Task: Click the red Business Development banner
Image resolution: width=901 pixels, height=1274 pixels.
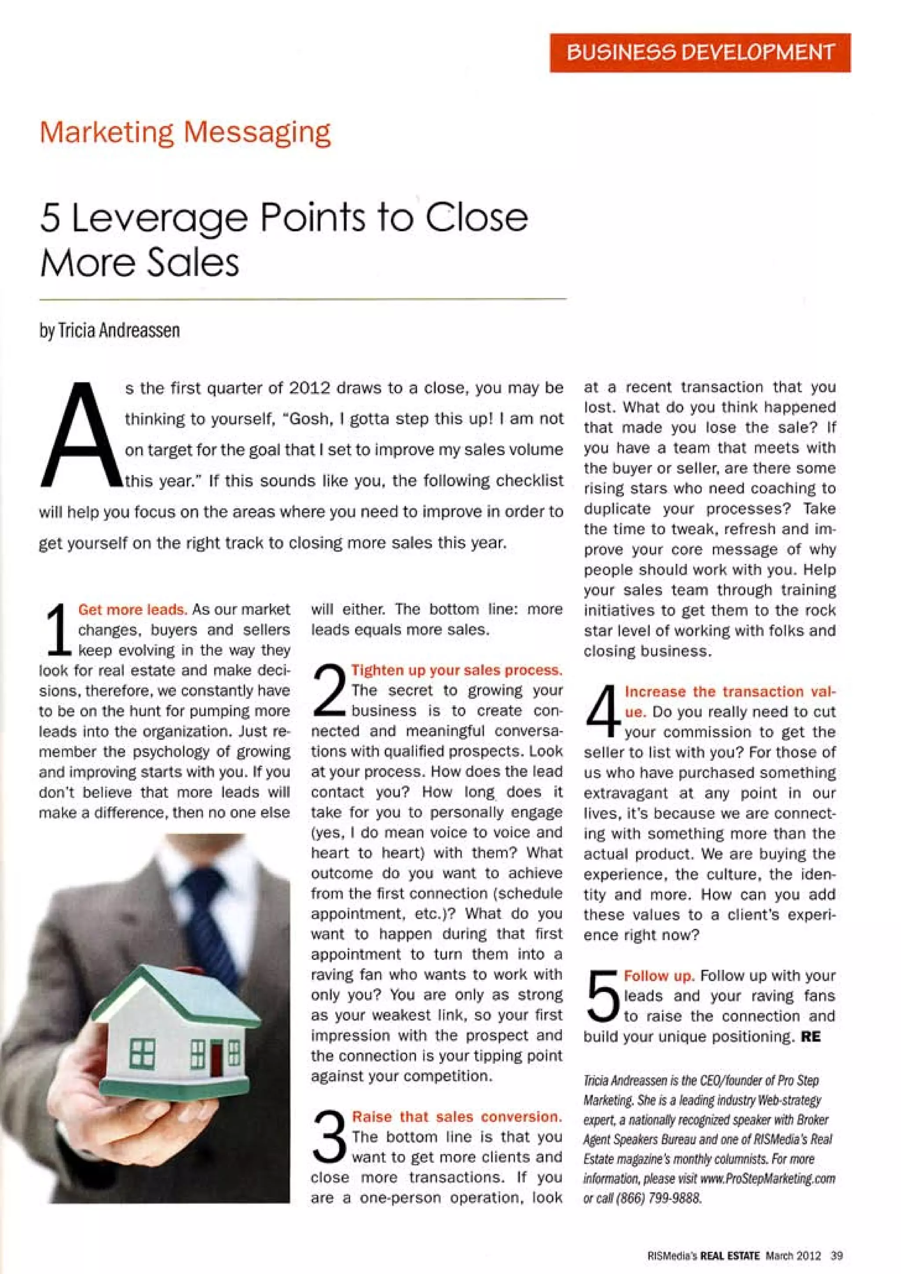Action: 700,53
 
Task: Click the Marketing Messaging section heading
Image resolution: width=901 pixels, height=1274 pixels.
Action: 185,133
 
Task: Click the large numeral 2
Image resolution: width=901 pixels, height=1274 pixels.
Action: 330,691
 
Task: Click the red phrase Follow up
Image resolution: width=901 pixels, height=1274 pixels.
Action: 659,975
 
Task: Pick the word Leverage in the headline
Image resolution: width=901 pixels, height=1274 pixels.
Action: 160,219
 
